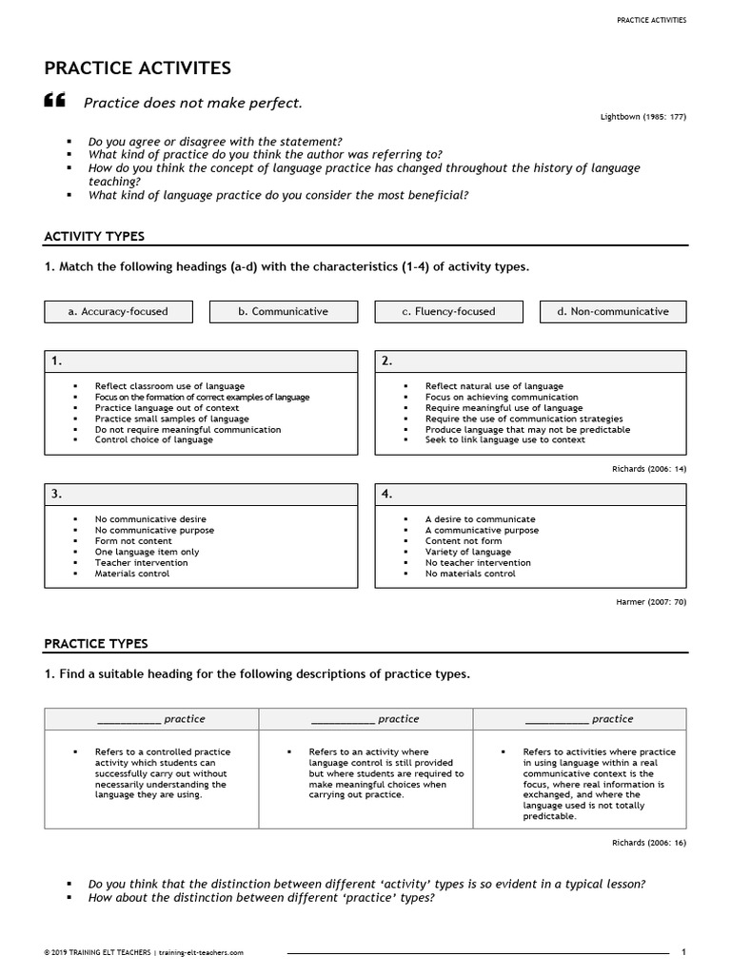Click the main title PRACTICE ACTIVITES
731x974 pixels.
pos(137,68)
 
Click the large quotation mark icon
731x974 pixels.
pos(55,102)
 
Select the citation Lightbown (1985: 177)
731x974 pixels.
pos(643,116)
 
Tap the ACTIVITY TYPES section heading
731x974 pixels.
pos(94,236)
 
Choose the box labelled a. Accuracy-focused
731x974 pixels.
pos(118,311)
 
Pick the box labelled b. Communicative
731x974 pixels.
pos(284,311)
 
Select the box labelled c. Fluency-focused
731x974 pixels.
pos(448,311)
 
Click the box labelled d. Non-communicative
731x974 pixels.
pos(614,311)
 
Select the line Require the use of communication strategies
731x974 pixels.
pos(524,419)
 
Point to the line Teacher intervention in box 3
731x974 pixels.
pos(141,563)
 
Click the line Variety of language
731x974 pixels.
pos(467,552)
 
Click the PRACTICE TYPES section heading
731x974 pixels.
pos(96,644)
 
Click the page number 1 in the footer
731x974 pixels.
pos(683,951)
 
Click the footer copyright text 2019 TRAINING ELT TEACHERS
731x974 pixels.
pos(105,952)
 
